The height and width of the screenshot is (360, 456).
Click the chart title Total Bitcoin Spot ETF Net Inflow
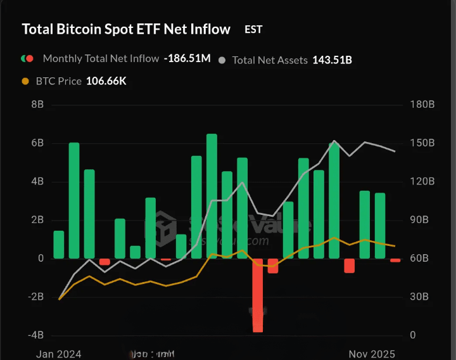[126, 29]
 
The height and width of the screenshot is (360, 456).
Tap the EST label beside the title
[253, 29]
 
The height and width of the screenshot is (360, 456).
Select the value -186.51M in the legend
[187, 58]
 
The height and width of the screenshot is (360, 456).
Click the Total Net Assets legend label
[270, 60]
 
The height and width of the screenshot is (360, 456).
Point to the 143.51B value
[332, 60]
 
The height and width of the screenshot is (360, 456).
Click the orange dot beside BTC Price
[25, 81]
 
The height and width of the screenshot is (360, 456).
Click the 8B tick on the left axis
[37, 105]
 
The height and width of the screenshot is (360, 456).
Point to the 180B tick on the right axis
[422, 105]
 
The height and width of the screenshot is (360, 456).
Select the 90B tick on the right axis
[422, 220]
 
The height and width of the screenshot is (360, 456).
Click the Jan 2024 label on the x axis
[59, 354]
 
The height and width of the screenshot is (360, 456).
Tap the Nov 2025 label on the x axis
[372, 354]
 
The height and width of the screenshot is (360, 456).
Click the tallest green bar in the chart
[212, 196]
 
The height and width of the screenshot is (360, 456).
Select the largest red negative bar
[258, 295]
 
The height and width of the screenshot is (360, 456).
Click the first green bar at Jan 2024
[59, 245]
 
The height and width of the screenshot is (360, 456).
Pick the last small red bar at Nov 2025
[395, 260]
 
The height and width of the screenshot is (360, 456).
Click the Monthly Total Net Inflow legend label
[101, 58]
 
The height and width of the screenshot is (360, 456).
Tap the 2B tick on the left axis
[37, 220]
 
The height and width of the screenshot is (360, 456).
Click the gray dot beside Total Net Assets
[222, 60]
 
